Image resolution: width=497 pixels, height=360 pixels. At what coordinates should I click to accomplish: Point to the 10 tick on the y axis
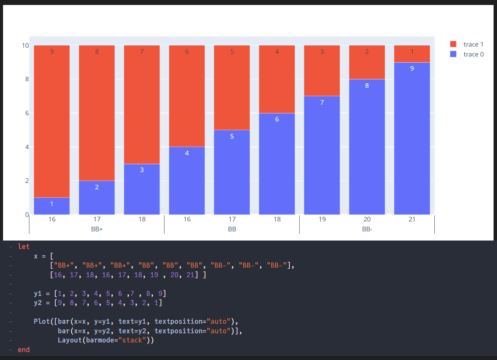pos(25,45)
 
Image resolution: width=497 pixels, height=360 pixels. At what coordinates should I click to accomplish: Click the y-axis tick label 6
pos(27,113)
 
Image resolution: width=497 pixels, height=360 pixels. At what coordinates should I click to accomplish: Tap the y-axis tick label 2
pos(27,181)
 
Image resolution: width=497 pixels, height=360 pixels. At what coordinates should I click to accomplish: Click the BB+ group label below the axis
pos(97,229)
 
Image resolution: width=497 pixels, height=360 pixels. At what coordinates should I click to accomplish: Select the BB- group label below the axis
pos(367,229)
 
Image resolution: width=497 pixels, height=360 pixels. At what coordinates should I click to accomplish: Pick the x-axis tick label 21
pos(412,219)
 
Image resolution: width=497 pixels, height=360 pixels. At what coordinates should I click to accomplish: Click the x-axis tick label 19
pos(322,219)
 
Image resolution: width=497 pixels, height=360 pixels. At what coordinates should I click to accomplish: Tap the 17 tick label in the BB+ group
pos(97,219)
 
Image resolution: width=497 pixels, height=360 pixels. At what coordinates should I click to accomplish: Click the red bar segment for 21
pos(412,54)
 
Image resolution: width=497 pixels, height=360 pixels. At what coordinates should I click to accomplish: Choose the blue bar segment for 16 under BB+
pos(52,206)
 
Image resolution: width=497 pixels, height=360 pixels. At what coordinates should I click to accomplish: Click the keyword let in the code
pos(24,247)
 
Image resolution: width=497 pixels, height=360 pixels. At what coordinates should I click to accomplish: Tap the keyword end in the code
pos(24,350)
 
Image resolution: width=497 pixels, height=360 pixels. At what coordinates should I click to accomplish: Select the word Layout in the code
pos(69,340)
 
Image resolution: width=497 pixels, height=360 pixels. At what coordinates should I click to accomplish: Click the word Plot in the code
pos(42,321)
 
